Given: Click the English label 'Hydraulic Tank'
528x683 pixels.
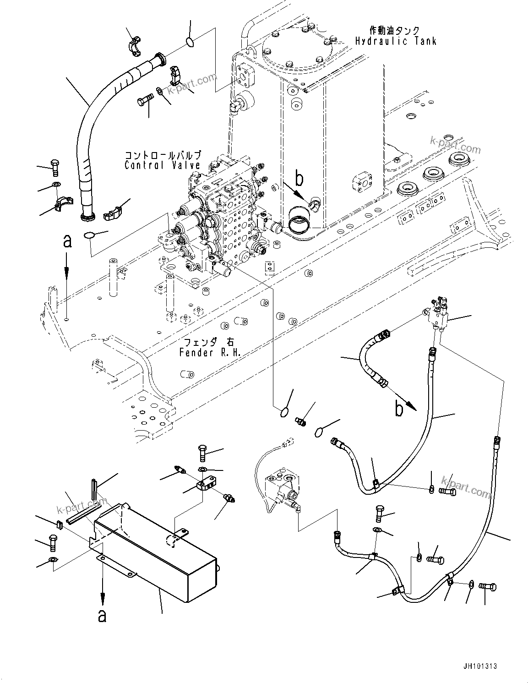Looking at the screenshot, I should (396, 41).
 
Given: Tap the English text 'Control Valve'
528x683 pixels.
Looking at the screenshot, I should (162, 165).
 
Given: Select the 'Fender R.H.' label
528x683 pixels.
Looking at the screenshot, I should (210, 353).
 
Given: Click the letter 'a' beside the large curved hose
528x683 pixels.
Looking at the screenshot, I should (67, 241).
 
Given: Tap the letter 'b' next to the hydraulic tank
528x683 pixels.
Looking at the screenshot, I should (299, 179).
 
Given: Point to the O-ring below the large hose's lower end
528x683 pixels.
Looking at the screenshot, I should (89, 235).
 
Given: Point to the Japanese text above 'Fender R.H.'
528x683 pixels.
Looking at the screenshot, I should (210, 342).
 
